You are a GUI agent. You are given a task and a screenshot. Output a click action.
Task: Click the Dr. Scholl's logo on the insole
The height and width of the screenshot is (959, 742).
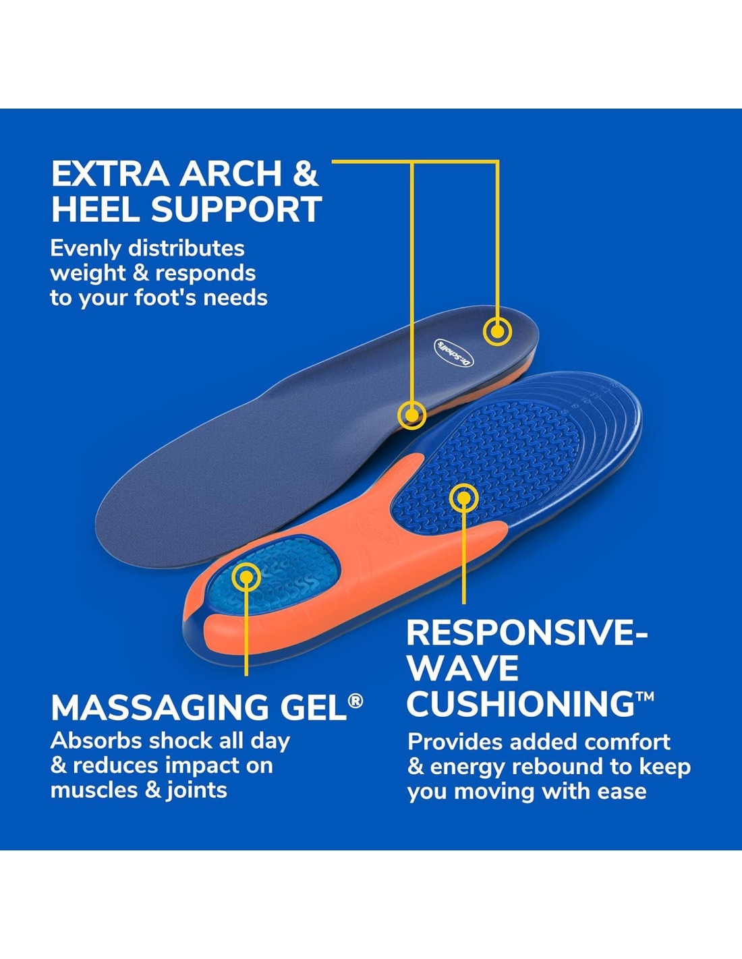tap(453, 353)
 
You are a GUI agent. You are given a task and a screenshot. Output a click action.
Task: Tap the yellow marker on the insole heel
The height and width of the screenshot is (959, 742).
tap(497, 331)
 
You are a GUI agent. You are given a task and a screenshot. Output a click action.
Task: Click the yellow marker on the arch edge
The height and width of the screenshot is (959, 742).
tap(411, 414)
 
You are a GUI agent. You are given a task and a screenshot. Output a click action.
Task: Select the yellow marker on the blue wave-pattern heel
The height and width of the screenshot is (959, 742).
tap(463, 498)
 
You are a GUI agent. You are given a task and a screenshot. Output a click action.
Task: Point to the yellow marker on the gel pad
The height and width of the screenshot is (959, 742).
tap(246, 577)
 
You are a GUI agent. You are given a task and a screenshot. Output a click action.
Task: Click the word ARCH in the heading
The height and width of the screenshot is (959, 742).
tap(230, 174)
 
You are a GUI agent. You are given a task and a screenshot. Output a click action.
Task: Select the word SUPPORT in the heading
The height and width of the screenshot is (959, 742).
tap(236, 210)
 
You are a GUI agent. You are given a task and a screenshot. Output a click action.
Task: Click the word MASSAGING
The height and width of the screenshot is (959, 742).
tap(159, 708)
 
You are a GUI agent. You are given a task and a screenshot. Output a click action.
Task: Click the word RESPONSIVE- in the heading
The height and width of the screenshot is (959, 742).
tap(526, 633)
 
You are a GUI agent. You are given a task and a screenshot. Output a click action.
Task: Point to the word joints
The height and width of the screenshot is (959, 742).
tap(196, 790)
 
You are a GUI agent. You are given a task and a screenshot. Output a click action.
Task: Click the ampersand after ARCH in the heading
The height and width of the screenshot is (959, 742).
tap(305, 174)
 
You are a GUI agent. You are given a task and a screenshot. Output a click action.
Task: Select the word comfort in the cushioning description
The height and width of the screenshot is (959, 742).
tap(627, 742)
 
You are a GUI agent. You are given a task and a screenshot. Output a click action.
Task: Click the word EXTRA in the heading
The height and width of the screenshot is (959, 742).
tap(110, 174)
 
